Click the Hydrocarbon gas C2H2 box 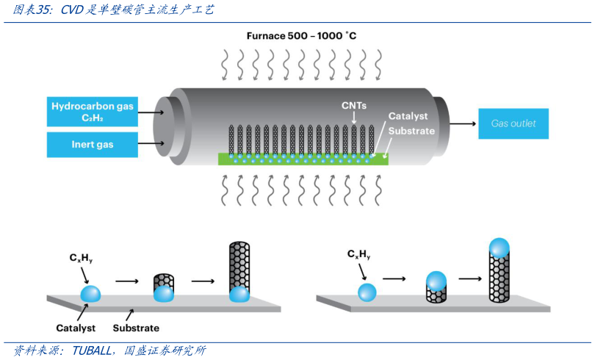(93, 112)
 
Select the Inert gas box (93, 144)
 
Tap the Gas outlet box (513, 123)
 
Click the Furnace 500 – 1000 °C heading (301, 35)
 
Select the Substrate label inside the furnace (411, 132)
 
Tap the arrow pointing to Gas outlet (462, 123)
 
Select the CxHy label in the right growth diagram (358, 254)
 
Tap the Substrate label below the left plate (136, 328)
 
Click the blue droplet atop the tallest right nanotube (500, 247)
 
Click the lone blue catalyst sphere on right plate (367, 292)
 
